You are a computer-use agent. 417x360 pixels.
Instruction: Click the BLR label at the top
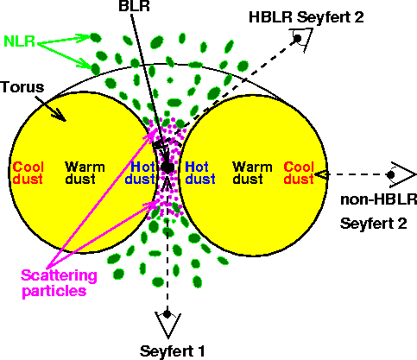134,6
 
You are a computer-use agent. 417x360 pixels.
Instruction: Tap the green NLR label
19,41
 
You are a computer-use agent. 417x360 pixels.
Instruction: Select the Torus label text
22,87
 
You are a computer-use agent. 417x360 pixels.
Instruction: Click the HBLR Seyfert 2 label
306,17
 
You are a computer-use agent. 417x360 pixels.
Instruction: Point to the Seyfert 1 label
172,351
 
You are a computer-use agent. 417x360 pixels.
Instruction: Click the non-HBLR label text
378,199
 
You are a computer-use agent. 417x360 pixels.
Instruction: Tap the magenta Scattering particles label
59,283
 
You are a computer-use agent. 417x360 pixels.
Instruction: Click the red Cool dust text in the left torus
28,173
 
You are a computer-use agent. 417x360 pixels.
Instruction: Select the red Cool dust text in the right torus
299,173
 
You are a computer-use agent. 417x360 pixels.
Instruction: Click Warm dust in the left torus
85,173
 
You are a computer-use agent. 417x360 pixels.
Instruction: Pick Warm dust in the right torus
252,173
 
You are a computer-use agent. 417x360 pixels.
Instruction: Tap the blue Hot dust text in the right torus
200,173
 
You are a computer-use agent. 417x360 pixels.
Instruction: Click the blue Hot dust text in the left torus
141,173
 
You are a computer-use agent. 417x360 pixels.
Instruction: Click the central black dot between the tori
167,167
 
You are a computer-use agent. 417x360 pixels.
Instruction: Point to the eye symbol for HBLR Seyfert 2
301,39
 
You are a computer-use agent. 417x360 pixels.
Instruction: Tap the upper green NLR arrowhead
84,38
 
